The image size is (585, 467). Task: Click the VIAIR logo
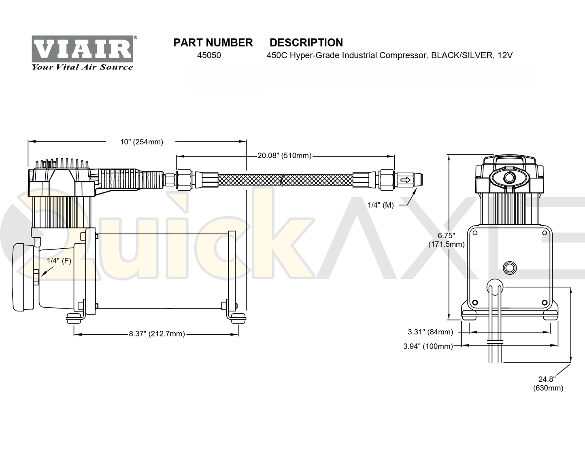(82, 49)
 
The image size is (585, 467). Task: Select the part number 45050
(209, 55)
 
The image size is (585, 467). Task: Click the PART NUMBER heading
(213, 42)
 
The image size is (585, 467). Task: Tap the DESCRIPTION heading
(306, 42)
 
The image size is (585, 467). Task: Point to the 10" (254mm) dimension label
(142, 142)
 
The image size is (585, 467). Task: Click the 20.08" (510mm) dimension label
(284, 156)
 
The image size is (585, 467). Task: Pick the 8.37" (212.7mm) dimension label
(157, 334)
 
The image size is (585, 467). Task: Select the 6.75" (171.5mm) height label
(447, 240)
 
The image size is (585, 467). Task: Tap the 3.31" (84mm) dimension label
(430, 332)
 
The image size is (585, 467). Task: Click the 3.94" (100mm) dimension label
(428, 346)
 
